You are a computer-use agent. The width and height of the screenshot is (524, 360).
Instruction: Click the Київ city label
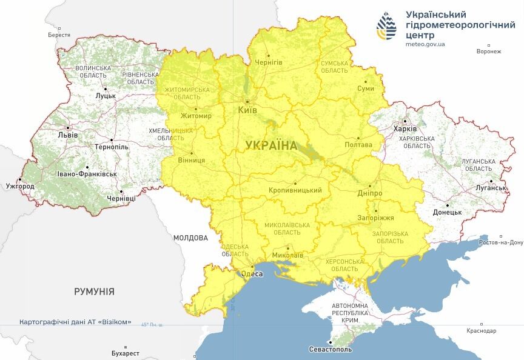(247, 110)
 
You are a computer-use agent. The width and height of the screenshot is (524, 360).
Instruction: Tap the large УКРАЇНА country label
(271, 145)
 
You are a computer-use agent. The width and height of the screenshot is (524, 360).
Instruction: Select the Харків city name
(405, 129)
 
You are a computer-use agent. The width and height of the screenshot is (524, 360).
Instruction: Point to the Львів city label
(67, 135)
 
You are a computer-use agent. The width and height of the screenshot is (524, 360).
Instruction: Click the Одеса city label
(252, 274)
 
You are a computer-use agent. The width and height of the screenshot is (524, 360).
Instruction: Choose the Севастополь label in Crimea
(330, 349)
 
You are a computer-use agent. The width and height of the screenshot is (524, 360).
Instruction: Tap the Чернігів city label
(268, 62)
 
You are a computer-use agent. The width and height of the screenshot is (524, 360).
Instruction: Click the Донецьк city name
(447, 213)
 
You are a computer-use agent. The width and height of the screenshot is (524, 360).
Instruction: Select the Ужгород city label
(20, 186)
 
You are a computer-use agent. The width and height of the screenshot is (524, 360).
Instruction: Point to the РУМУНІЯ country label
(94, 292)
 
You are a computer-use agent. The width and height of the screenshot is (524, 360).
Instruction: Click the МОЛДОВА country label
(190, 238)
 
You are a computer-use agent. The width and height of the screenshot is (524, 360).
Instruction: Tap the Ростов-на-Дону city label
(500, 242)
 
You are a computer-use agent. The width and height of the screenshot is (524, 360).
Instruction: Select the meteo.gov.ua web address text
(425, 44)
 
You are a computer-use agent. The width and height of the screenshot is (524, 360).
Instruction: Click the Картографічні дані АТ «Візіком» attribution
(75, 322)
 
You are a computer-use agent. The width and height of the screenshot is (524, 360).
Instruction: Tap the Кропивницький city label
(295, 190)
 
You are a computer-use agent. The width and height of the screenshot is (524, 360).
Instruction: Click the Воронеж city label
(489, 52)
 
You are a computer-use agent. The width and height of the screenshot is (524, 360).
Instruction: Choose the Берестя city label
(59, 35)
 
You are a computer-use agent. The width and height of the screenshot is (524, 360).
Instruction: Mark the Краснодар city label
(482, 330)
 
